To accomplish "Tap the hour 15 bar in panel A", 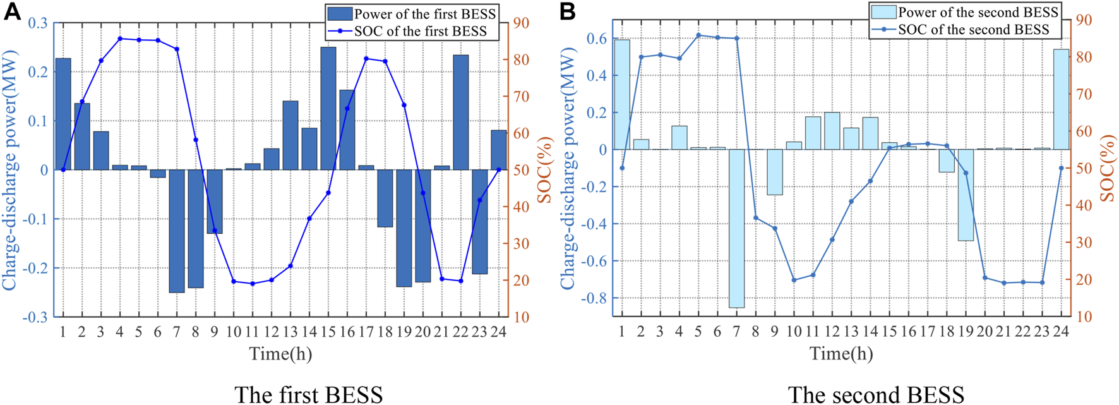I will pos(328,108).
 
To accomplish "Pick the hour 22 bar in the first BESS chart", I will pos(461,112).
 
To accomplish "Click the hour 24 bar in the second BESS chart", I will pos(1061,99).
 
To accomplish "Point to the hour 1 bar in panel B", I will pos(622,95).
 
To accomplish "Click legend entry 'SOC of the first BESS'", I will pos(420,31).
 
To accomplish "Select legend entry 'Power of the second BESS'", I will pos(978,12).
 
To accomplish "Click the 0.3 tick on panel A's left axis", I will pos(37,23).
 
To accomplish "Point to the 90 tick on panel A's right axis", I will pos(522,23).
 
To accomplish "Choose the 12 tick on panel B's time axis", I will pos(832,331).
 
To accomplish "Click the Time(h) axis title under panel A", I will pos(280,353).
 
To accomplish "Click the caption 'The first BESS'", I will pos(308,394).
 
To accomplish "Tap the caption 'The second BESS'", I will pos(876,394).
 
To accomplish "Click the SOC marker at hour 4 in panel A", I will pos(120,39).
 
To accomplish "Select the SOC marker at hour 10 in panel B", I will pos(794,279).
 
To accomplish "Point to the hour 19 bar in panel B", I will pos(966,195).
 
